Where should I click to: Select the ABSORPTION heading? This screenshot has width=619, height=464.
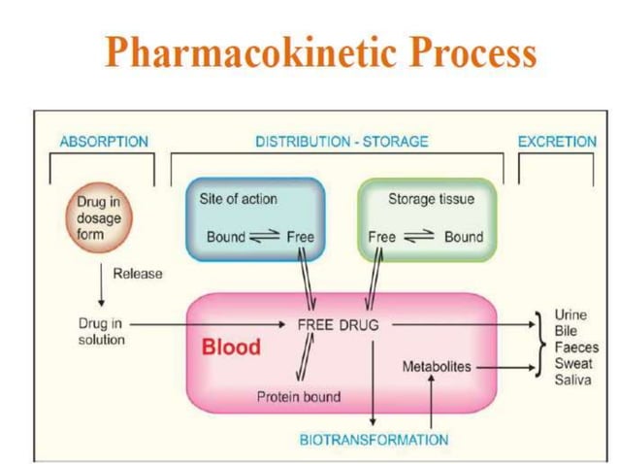click(104, 142)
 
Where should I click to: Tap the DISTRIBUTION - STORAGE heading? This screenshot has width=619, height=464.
click(342, 142)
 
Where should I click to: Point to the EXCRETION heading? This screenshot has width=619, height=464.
click(557, 142)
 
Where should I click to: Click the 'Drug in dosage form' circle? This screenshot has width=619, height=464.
click(100, 218)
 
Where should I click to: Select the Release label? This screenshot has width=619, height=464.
click(138, 274)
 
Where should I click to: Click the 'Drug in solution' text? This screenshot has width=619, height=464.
click(101, 332)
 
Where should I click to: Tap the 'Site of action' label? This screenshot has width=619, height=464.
click(238, 199)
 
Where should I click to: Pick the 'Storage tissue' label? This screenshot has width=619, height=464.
click(431, 199)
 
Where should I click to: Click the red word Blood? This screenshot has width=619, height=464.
click(231, 348)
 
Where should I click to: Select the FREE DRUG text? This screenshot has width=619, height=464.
click(338, 325)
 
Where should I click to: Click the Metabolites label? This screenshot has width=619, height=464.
click(437, 367)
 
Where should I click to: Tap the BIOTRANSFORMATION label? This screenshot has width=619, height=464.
click(374, 440)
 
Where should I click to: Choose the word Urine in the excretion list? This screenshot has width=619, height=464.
click(570, 315)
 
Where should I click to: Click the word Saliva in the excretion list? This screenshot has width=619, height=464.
click(572, 381)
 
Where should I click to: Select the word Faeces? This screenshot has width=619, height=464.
click(576, 348)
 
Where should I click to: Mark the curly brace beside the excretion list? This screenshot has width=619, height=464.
click(541, 347)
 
